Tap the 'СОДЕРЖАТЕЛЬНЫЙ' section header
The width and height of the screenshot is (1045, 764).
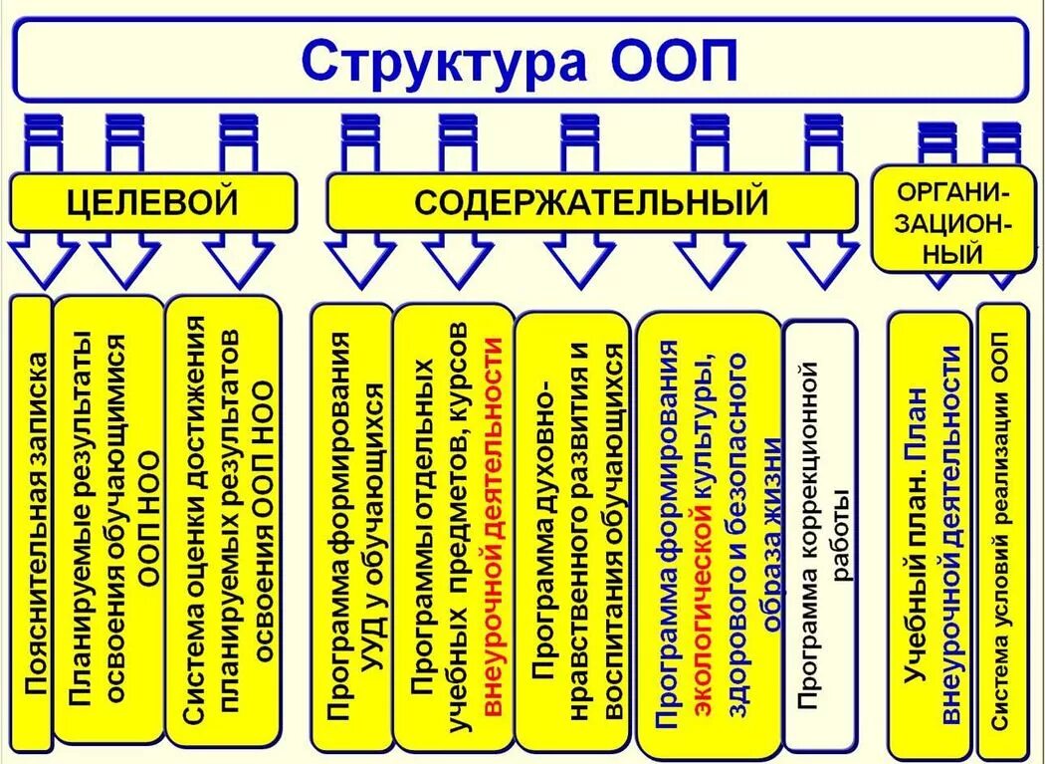click(591, 202)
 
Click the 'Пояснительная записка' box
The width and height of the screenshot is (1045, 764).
click(32, 523)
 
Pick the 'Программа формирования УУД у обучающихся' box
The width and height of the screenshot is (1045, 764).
click(351, 528)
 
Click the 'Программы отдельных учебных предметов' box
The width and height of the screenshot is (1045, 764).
click(453, 528)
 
